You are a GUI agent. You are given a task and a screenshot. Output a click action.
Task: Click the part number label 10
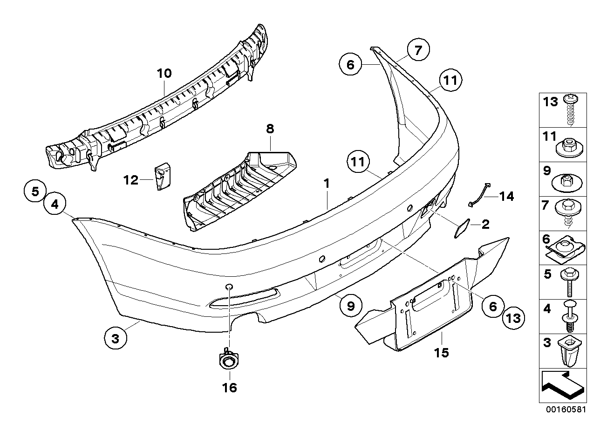[164, 73]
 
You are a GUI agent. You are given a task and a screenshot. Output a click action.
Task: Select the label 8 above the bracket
[270, 129]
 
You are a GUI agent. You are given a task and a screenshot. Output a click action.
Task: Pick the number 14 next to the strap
[506, 197]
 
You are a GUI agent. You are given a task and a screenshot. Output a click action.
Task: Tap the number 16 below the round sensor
[230, 387]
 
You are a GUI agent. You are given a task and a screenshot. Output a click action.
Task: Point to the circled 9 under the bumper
[351, 306]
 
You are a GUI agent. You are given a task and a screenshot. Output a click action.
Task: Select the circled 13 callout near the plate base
[514, 318]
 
